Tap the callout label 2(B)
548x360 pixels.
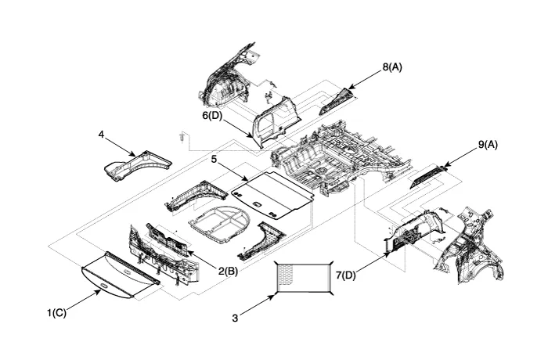228,271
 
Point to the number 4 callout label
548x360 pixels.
101,135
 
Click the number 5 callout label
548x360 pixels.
214,159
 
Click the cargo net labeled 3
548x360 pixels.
304,278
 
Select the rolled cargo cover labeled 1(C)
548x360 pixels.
121,273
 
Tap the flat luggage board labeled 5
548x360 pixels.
274,193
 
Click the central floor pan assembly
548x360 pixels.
344,153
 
